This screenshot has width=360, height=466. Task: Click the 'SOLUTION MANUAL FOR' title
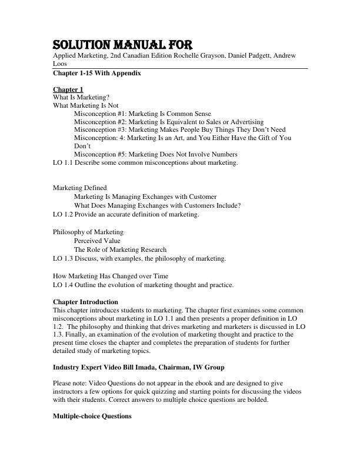122,45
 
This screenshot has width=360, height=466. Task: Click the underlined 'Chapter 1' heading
68,89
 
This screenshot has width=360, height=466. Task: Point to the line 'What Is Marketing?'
81,97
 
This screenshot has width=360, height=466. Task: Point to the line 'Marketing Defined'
80,188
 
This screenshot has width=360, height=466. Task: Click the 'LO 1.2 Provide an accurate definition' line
126,214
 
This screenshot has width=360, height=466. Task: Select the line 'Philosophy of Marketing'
88,232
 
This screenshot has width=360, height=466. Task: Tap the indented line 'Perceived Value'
97,241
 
